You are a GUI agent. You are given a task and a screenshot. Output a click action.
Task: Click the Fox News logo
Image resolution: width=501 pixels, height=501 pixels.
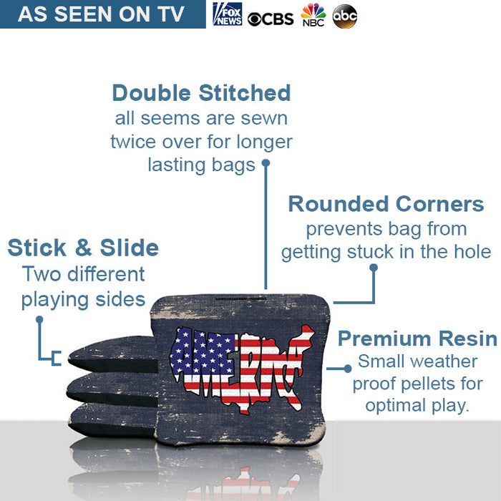[x=227, y=14]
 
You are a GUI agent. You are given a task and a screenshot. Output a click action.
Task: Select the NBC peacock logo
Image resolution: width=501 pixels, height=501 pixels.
[x=313, y=14]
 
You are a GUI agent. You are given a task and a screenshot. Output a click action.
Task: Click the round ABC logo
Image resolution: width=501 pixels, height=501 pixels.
[x=345, y=16]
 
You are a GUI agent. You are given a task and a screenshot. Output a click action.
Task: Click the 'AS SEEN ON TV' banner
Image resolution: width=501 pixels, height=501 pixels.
[x=102, y=14]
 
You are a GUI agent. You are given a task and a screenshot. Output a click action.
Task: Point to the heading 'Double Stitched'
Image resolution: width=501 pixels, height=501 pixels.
[x=201, y=93]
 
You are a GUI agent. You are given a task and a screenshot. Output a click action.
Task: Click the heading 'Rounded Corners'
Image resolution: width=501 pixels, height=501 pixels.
[x=386, y=204]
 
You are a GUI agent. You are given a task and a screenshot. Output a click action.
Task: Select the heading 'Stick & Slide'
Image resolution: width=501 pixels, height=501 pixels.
[x=83, y=248]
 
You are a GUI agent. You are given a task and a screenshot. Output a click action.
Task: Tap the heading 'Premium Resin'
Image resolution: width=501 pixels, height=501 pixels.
[x=417, y=339]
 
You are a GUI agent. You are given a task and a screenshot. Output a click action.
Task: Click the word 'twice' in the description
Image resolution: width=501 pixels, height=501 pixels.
[x=133, y=142]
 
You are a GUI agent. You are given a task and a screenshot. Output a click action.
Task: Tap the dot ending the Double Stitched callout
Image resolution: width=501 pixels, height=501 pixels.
[x=266, y=163]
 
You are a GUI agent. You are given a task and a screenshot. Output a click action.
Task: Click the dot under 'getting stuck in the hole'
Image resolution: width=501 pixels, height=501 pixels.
[x=373, y=268]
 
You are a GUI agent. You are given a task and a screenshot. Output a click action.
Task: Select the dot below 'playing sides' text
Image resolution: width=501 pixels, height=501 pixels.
[x=39, y=319]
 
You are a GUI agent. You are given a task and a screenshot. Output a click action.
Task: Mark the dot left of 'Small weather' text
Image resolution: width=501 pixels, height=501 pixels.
[x=348, y=369]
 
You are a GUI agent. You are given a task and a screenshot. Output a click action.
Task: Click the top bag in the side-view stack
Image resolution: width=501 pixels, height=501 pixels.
[x=111, y=356]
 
